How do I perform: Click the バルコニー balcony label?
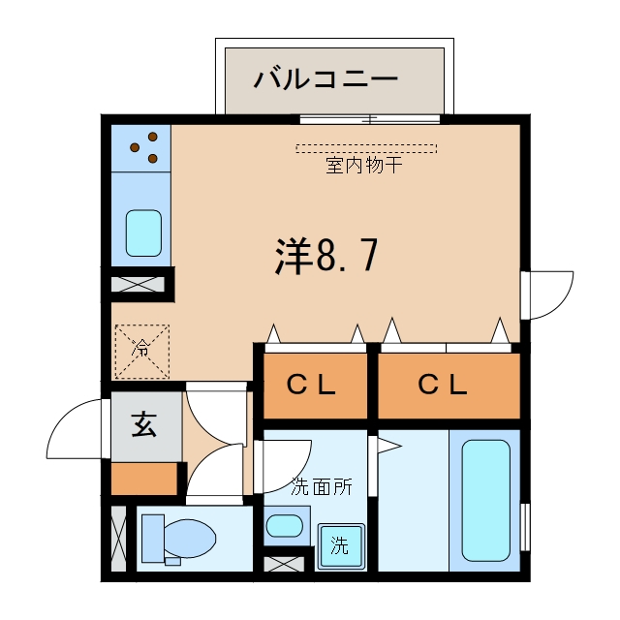[325, 78]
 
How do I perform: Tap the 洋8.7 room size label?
[326, 256]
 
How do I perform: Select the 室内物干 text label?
[364, 165]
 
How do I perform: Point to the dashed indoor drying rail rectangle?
[366, 148]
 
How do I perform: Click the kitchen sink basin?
[143, 233]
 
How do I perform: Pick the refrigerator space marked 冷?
[142, 352]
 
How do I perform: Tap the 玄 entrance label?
[144, 424]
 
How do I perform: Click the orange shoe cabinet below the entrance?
[144, 479]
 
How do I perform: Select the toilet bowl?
[190, 539]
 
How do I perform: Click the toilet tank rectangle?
[153, 539]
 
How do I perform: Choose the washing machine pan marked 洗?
[341, 546]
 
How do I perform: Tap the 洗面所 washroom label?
[322, 486]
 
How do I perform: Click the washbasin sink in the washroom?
[285, 526]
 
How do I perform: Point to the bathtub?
[486, 501]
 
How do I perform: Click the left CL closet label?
[312, 385]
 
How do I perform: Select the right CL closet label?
[443, 385]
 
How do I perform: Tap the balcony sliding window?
[370, 119]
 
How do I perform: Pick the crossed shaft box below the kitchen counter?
[138, 285]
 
